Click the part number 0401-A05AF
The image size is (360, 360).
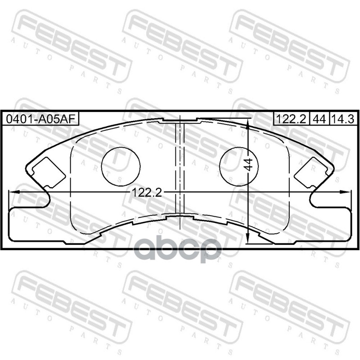40,119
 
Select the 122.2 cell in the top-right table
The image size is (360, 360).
291,119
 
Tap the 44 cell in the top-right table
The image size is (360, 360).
319,119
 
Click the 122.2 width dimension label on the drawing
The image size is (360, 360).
147,193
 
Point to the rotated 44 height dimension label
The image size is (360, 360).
248,164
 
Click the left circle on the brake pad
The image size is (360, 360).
121,166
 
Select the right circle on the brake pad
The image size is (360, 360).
239,166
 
